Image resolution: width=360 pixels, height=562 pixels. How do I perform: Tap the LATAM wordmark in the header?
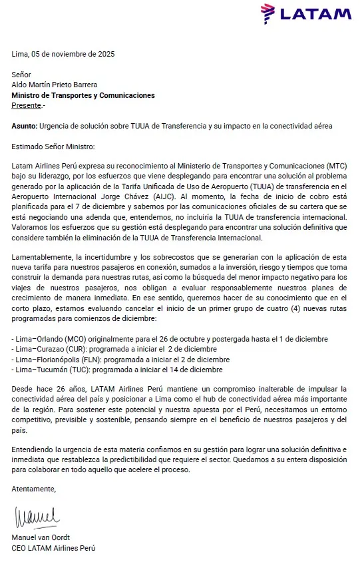pos(316,13)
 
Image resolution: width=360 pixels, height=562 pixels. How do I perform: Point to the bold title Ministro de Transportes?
pos(83,95)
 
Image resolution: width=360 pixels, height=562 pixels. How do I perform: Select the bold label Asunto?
pos(24,126)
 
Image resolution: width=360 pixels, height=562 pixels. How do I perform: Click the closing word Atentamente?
pos(34,489)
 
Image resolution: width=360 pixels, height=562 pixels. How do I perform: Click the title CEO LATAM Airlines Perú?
pos(53,548)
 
